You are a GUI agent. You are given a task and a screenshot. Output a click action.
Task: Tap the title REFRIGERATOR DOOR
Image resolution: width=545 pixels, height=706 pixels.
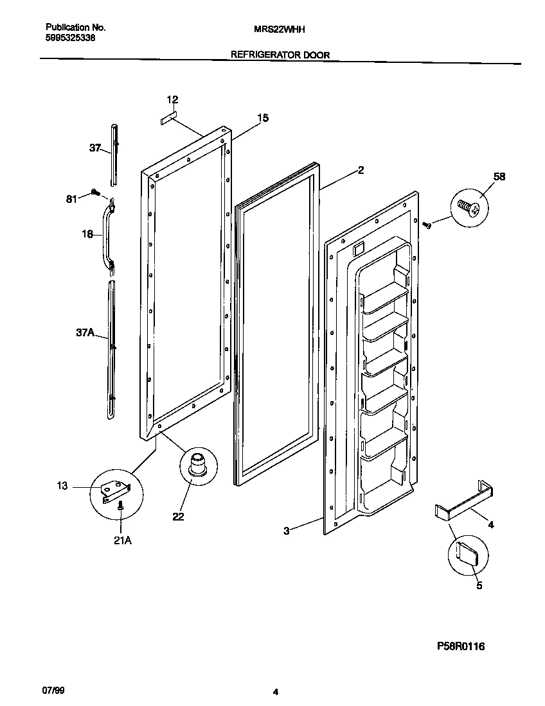tap(280, 55)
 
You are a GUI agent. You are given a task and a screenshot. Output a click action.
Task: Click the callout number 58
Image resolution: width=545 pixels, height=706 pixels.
tap(499, 177)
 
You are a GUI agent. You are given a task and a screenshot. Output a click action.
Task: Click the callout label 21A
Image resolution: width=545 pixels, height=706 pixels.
tap(122, 540)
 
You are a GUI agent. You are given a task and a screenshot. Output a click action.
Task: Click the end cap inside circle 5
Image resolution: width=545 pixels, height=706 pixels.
tap(468, 551)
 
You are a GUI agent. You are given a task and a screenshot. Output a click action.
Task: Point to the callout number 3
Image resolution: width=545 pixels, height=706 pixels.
tap(287, 530)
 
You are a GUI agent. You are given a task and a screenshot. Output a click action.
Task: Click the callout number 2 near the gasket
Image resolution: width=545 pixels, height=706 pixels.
tap(361, 170)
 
